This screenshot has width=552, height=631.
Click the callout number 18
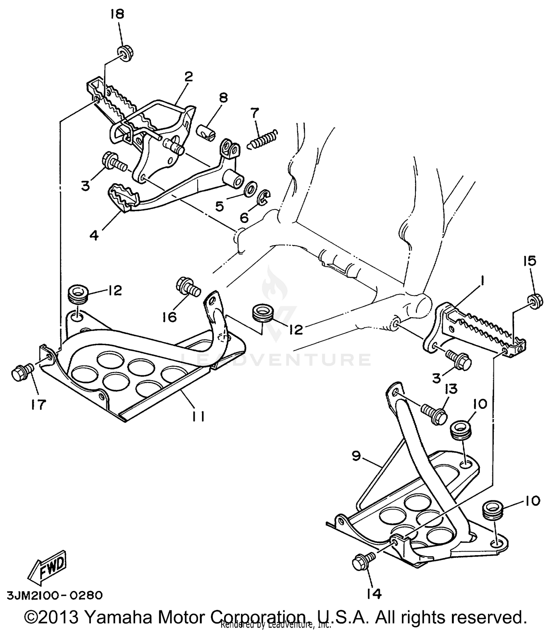118,14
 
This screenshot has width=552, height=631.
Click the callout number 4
94,235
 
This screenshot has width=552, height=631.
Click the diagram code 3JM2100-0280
54,595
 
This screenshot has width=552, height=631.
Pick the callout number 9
356,456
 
